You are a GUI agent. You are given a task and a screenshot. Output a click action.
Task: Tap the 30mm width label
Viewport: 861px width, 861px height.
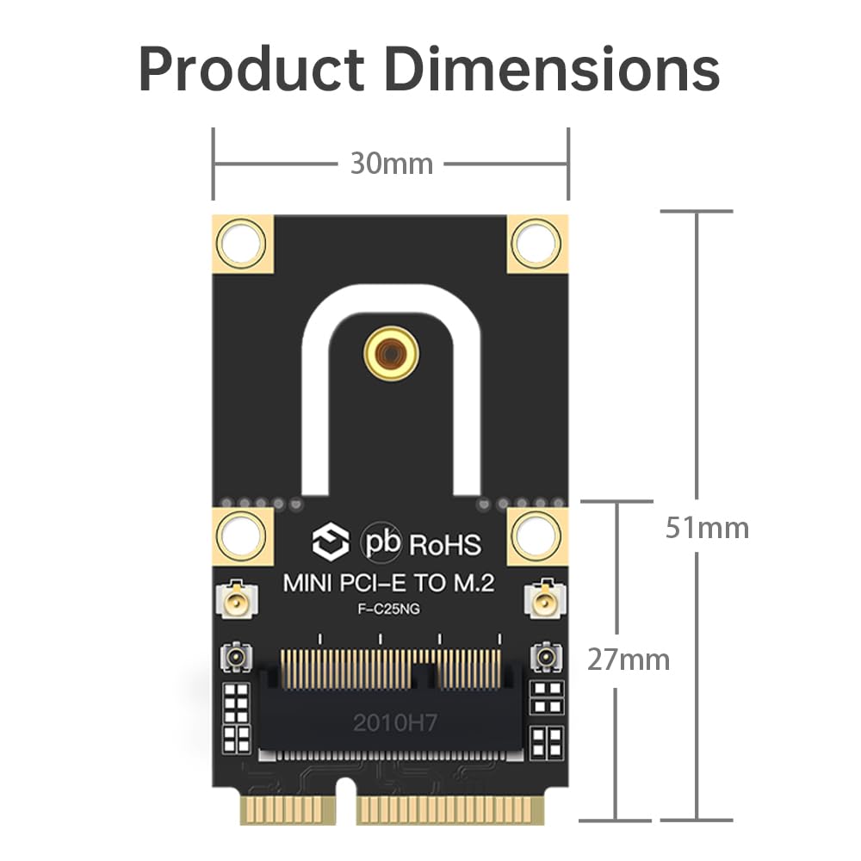391,163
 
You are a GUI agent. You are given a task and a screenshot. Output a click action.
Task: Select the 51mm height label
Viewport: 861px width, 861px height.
706,527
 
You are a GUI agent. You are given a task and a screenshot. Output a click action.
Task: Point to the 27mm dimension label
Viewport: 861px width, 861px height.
628,660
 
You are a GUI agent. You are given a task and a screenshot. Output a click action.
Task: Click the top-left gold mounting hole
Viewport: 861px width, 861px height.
241,243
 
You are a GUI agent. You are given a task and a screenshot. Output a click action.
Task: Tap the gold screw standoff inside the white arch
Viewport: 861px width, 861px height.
390,352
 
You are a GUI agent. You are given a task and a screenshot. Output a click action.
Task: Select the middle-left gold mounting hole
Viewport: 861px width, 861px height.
241,535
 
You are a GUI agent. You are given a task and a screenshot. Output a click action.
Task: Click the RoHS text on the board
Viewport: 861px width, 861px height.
445,544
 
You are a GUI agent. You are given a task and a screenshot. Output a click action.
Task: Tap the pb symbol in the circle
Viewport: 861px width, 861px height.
381,543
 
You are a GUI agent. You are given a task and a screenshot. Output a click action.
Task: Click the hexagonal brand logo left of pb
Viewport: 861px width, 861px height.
330,543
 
